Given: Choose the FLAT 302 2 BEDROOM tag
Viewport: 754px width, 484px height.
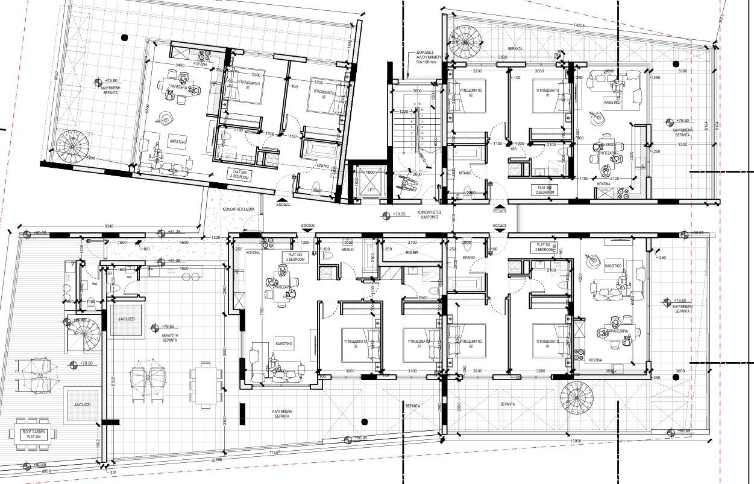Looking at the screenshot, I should (x=544, y=247).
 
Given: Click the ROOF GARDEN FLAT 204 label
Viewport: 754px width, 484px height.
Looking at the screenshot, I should (x=35, y=435).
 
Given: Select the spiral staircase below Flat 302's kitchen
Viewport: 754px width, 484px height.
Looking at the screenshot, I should (x=577, y=398).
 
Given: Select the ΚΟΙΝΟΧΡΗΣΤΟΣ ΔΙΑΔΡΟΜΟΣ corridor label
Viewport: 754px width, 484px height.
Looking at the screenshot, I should (x=430, y=215).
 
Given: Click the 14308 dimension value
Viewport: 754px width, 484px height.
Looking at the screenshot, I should (x=579, y=25).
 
